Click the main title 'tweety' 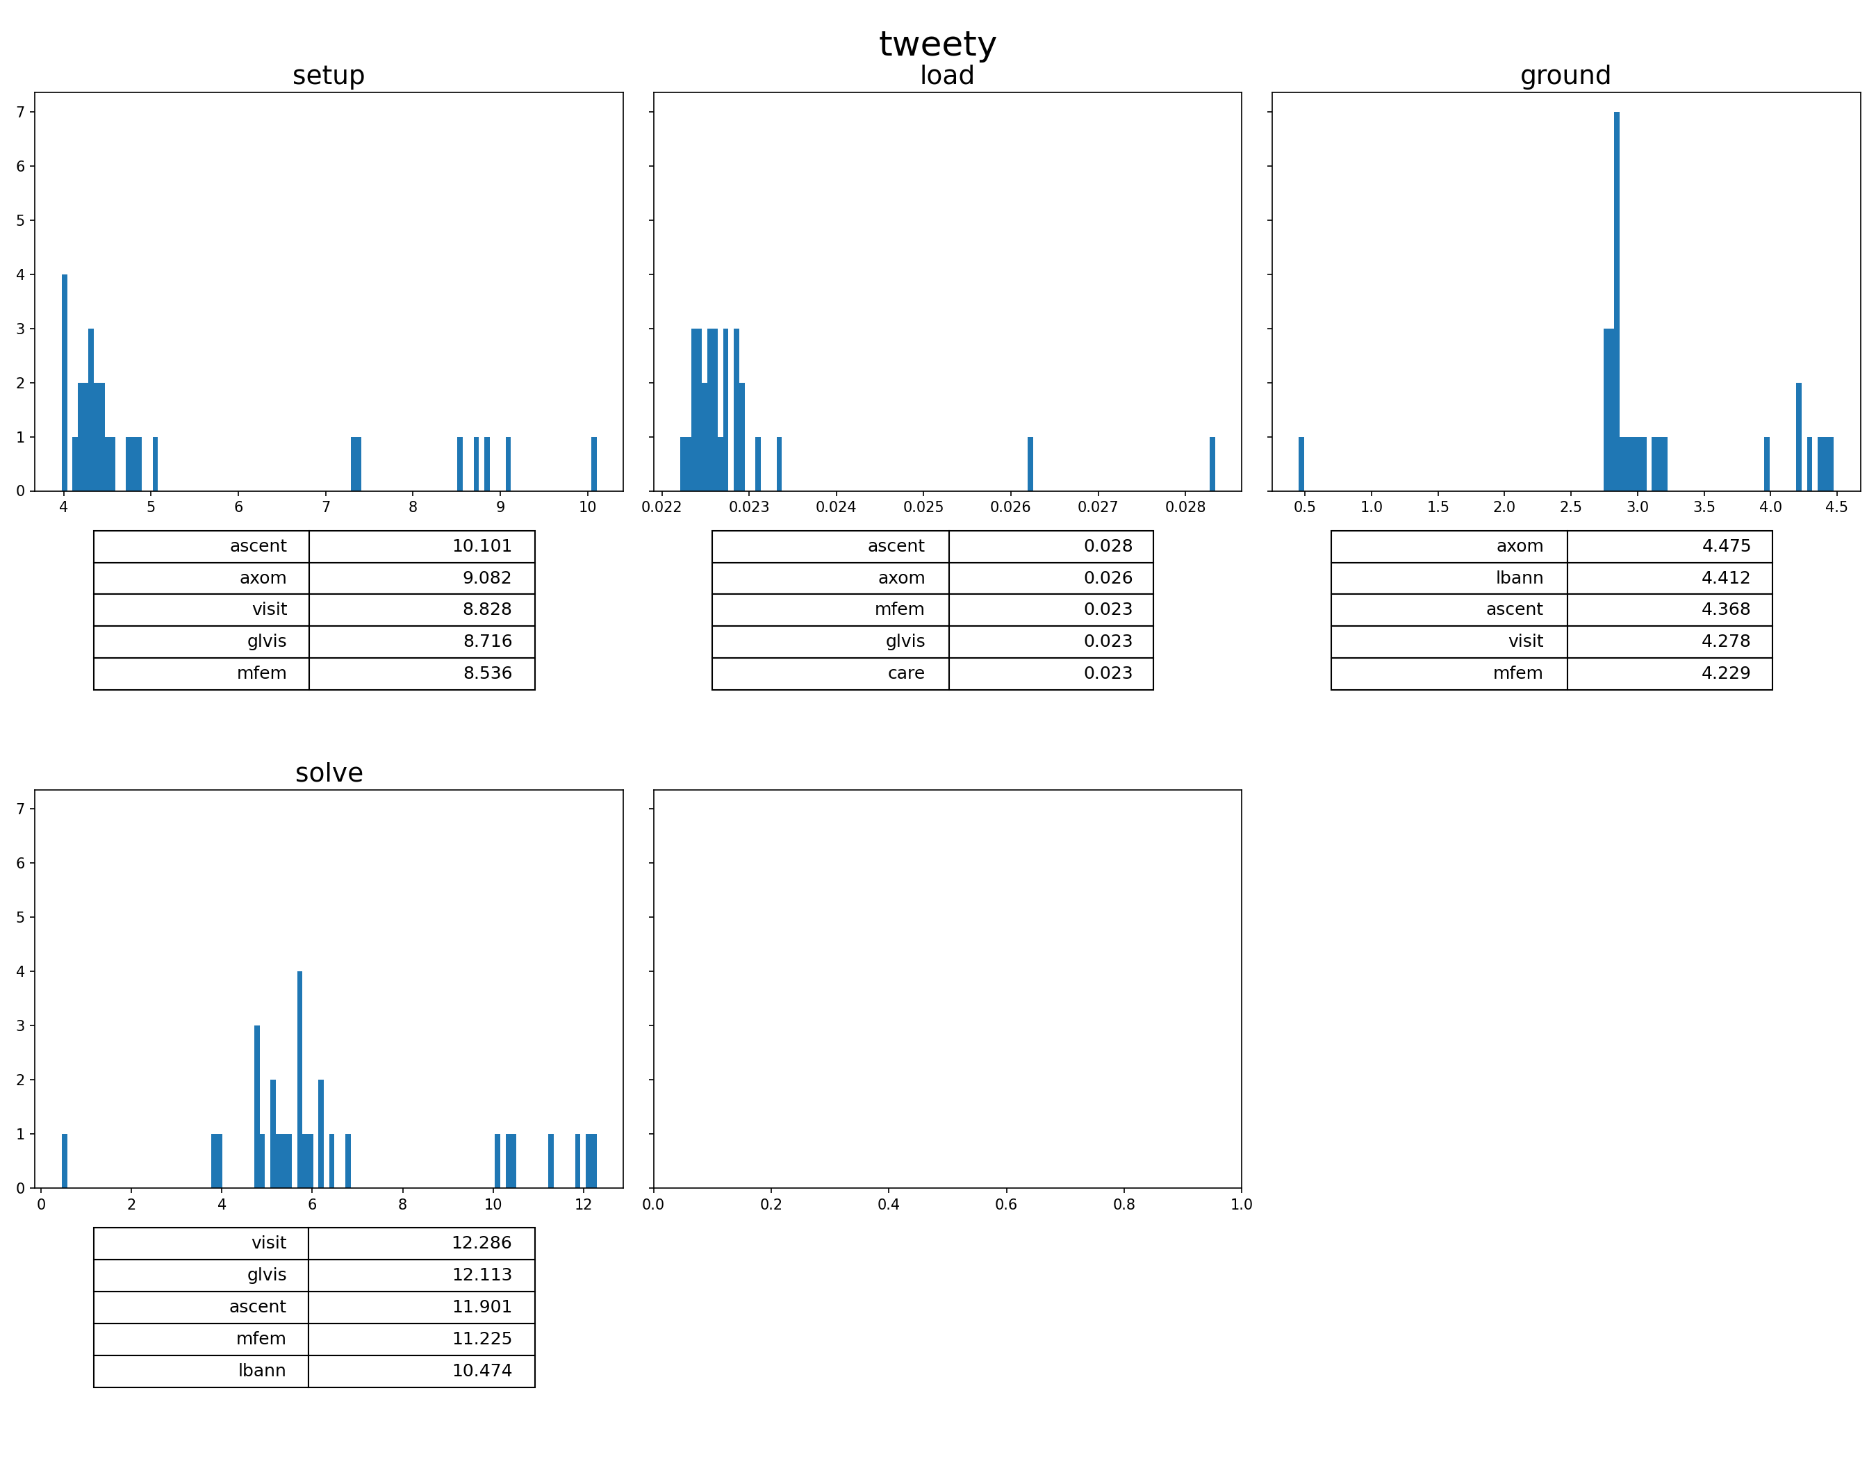[937, 44]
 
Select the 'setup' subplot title [328, 76]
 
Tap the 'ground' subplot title [1565, 76]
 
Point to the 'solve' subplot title [329, 773]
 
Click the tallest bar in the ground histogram [1617, 301]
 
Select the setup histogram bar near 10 [593, 463]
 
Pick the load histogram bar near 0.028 [1212, 463]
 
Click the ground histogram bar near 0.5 [1301, 463]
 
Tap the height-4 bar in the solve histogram [299, 1080]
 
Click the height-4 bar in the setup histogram [65, 382]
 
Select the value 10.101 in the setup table [482, 546]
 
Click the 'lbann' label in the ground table [1519, 578]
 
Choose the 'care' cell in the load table [905, 673]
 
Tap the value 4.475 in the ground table [1726, 546]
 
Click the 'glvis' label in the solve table [266, 1274]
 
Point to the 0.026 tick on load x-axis [1010, 507]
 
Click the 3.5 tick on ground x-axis [1704, 507]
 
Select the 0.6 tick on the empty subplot [1006, 1205]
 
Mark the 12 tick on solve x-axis [583, 1205]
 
